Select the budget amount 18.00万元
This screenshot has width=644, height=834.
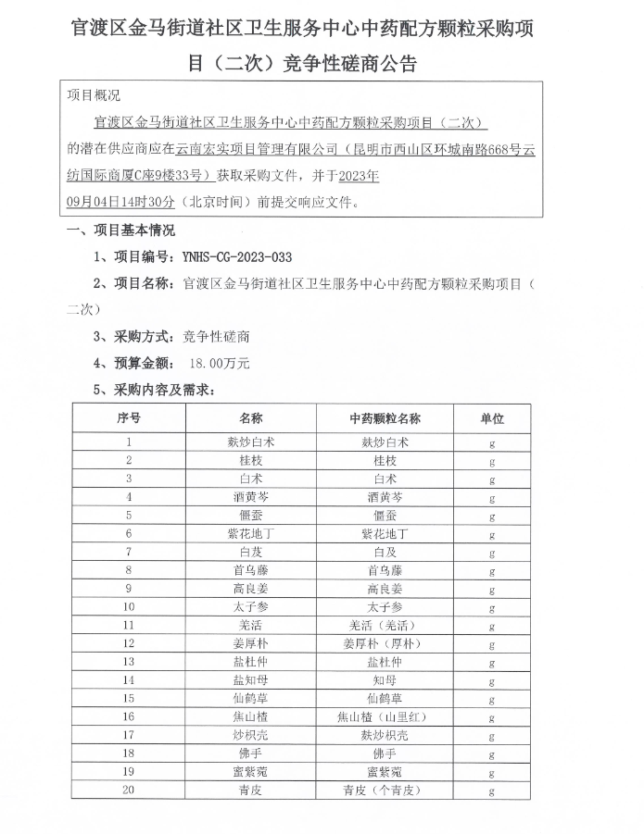220,364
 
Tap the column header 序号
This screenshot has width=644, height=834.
129,418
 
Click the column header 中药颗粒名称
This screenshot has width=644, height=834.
385,418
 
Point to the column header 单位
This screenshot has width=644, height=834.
491,418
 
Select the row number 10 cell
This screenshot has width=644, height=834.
129,607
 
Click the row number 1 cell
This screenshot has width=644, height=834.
129,442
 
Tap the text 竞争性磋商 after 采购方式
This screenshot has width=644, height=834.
216,337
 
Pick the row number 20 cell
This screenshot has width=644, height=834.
129,790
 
